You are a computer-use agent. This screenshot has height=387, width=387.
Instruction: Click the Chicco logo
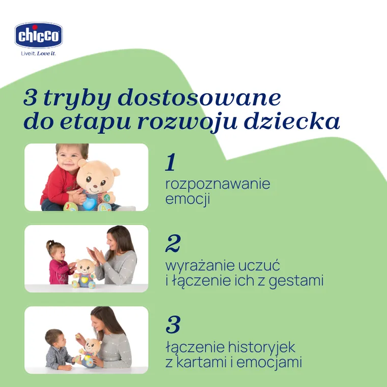click(x=39, y=36)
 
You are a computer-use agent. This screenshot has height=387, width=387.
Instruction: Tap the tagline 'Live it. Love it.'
click(x=38, y=53)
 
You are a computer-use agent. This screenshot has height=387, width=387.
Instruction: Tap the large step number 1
click(x=171, y=162)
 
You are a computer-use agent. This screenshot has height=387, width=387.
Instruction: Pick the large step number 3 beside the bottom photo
click(x=173, y=324)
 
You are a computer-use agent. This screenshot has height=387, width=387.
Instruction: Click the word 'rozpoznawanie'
click(x=217, y=184)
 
